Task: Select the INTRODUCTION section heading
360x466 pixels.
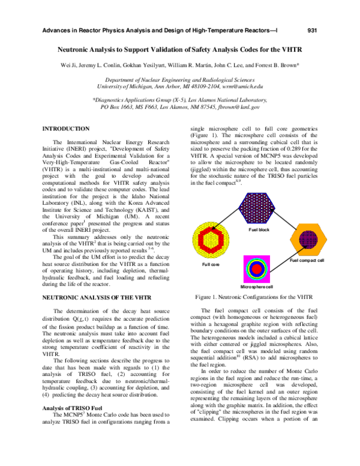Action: tap(65, 129)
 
